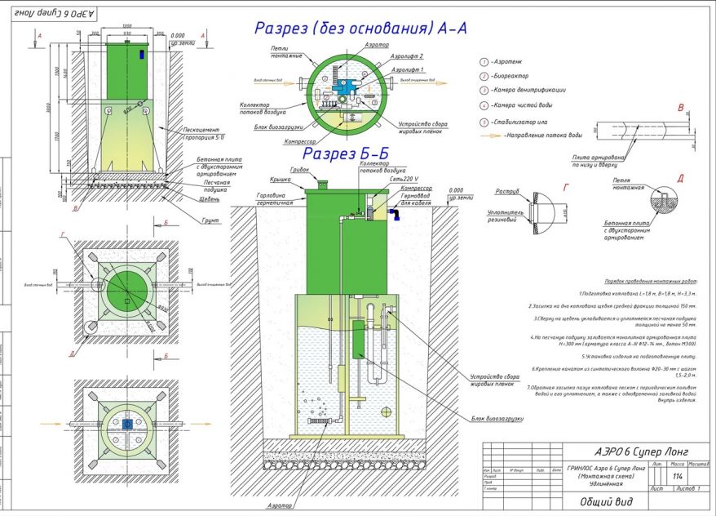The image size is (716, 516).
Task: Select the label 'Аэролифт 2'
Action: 407,56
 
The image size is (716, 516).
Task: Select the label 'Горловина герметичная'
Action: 275,199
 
